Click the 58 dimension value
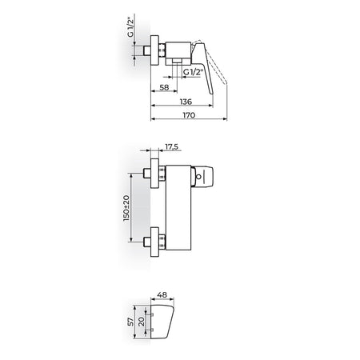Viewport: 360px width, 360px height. tap(164, 87)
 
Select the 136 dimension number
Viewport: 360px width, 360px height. tap(186, 102)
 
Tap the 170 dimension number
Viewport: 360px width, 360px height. tap(189, 115)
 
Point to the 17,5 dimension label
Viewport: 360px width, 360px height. tap(171, 146)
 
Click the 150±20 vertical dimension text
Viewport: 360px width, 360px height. tap(126, 208)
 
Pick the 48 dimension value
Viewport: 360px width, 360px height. tap(162, 295)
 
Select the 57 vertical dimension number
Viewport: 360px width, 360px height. tap(130, 322)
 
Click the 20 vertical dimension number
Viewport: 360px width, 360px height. tap(142, 322)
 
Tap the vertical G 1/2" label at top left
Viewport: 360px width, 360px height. tap(130, 27)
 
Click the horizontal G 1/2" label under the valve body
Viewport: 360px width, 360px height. tap(194, 72)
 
